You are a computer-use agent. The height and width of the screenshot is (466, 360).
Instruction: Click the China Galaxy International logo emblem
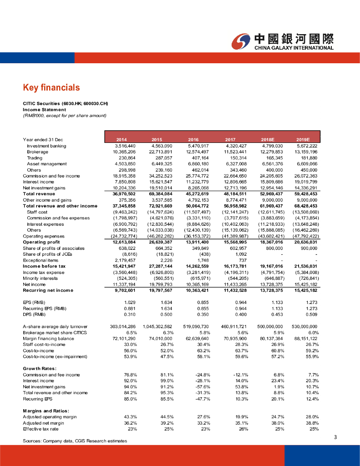(241, 41)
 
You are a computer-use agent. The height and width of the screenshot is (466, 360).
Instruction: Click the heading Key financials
(51, 87)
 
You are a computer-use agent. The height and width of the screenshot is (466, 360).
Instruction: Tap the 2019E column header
(303, 139)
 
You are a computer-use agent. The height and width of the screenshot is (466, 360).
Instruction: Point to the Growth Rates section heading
(40, 368)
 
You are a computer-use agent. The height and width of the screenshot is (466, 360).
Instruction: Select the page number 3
(335, 437)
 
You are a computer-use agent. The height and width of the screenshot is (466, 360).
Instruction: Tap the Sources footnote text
(75, 441)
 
